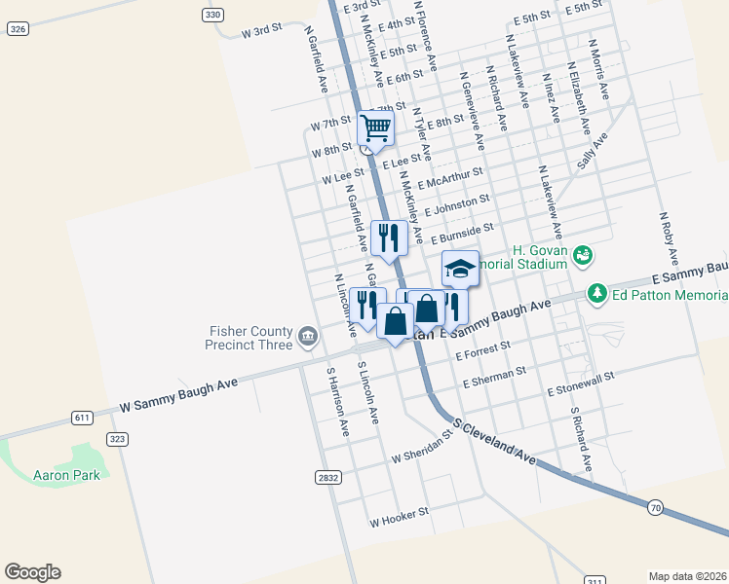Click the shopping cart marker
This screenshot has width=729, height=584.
coord(375,128)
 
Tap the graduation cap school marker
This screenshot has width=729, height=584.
coord(460,268)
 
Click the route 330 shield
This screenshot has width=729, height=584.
coord(213,15)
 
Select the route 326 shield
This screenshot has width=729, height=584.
coord(17,29)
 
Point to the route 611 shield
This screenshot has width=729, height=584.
coord(83,418)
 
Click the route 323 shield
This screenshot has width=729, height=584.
coord(118,439)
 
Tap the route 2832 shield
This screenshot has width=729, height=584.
coord(328,477)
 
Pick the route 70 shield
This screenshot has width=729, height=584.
coord(654,506)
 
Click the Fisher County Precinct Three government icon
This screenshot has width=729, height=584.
coord(308,337)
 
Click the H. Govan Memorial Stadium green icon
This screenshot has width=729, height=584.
coord(583,256)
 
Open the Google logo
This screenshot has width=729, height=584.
coord(32,572)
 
